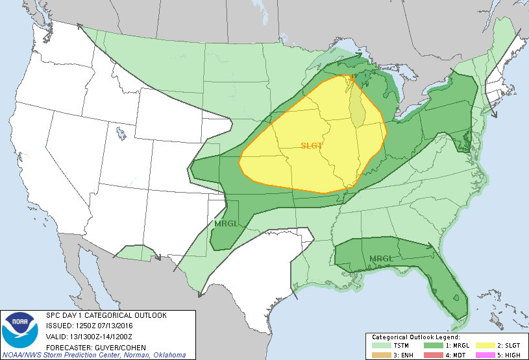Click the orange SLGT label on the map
click(x=312, y=146)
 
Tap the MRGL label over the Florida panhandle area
click(x=381, y=259)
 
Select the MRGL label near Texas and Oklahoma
click(x=225, y=224)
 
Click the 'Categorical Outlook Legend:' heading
click(x=415, y=337)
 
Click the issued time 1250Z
click(x=83, y=326)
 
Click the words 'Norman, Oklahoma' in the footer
click(x=159, y=355)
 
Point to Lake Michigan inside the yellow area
click(x=357, y=107)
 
